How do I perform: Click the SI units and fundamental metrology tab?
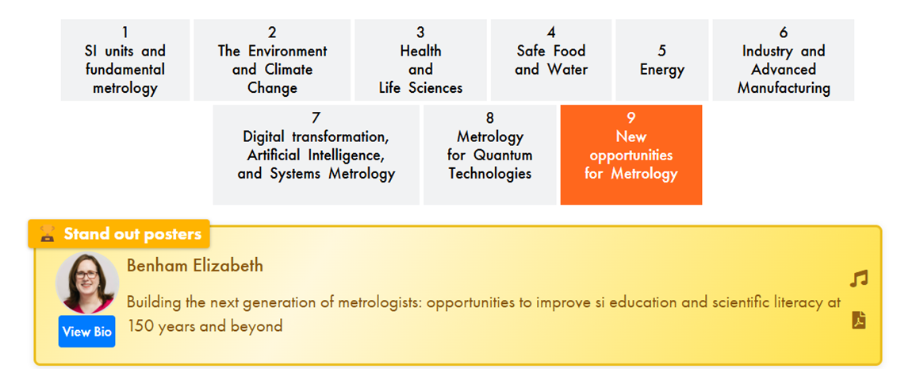pos(125,60)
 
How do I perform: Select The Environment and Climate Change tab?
pos(272,60)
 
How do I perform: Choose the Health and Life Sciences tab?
pos(420,60)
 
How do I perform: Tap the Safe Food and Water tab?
pos(551,60)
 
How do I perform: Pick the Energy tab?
pos(662,60)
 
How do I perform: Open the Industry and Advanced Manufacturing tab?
pos(784,60)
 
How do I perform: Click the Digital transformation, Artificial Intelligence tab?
pos(316,155)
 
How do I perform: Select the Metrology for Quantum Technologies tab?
pos(490,155)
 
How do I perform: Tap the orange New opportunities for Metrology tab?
pos(631,155)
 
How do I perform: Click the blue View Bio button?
pos(86,332)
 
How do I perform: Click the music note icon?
pos(859,279)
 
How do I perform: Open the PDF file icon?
pos(859,321)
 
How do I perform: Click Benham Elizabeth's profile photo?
pos(87,283)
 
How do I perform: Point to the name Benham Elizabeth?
pos(195,266)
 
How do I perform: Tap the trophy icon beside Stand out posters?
pos(47,235)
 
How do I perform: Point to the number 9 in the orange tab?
pos(631,118)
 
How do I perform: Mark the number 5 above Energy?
pos(662,51)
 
